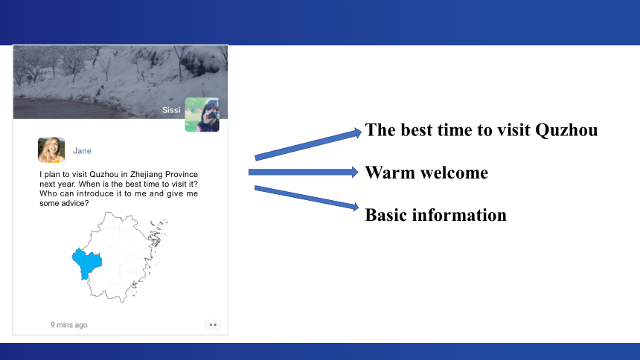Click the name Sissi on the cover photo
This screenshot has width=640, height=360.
pos(171,110)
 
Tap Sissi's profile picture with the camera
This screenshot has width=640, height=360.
pos(202,115)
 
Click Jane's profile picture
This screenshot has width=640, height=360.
pos(51,150)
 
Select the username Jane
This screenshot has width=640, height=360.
pos(82,150)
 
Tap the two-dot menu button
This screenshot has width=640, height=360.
pos(213,325)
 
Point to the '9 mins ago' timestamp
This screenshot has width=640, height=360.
pos(69,325)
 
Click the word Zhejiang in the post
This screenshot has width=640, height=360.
pos(146,174)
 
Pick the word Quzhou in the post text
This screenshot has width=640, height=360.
pos(103,174)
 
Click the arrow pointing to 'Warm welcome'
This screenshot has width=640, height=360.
pos(304,172)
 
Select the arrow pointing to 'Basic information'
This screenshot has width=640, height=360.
pos(307,198)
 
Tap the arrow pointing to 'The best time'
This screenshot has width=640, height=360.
pos(308,144)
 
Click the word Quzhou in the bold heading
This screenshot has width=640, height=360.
pos(566,130)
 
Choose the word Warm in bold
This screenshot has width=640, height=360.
pos(389,173)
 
